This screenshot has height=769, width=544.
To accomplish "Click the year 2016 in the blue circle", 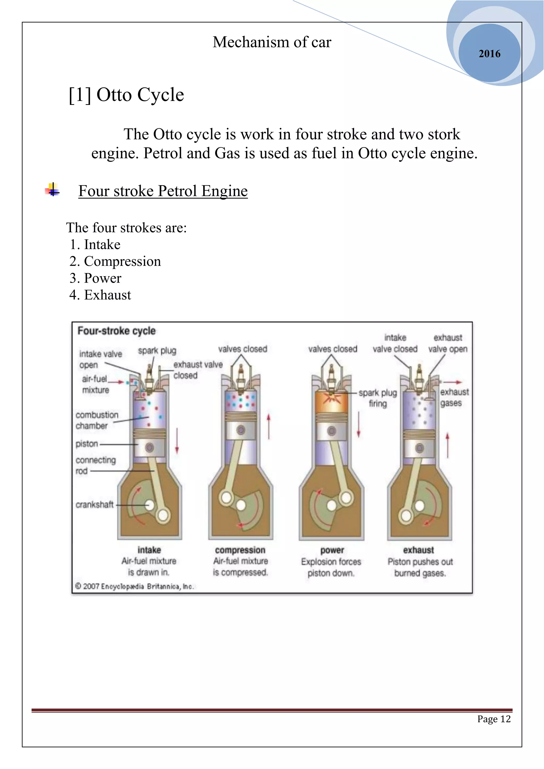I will tap(489, 54).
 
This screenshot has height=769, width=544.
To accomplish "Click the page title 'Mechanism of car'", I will tap(272, 42).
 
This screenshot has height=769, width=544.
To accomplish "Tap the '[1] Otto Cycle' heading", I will tap(126, 95).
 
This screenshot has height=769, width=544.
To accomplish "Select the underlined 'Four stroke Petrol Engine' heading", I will tap(163, 191).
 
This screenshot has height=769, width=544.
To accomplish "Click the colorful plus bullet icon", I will tap(52, 190).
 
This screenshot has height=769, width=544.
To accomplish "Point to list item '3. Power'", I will tap(95, 278).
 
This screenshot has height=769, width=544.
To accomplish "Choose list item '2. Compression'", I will tap(115, 261).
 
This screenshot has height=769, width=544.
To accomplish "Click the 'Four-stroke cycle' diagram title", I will tap(116, 331).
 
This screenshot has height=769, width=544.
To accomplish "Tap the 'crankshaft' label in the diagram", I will tap(95, 505).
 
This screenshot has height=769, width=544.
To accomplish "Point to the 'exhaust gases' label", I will tap(454, 397).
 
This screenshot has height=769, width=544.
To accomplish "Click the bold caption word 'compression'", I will tap(240, 550).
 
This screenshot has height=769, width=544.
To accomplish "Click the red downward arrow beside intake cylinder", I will tap(177, 441).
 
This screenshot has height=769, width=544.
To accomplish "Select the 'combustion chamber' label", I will tap(96, 420).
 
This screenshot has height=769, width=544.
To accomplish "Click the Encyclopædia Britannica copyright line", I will tap(134, 586).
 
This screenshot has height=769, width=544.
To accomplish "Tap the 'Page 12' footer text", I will tap(494, 719).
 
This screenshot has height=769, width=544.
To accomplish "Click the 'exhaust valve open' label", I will tap(448, 343).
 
